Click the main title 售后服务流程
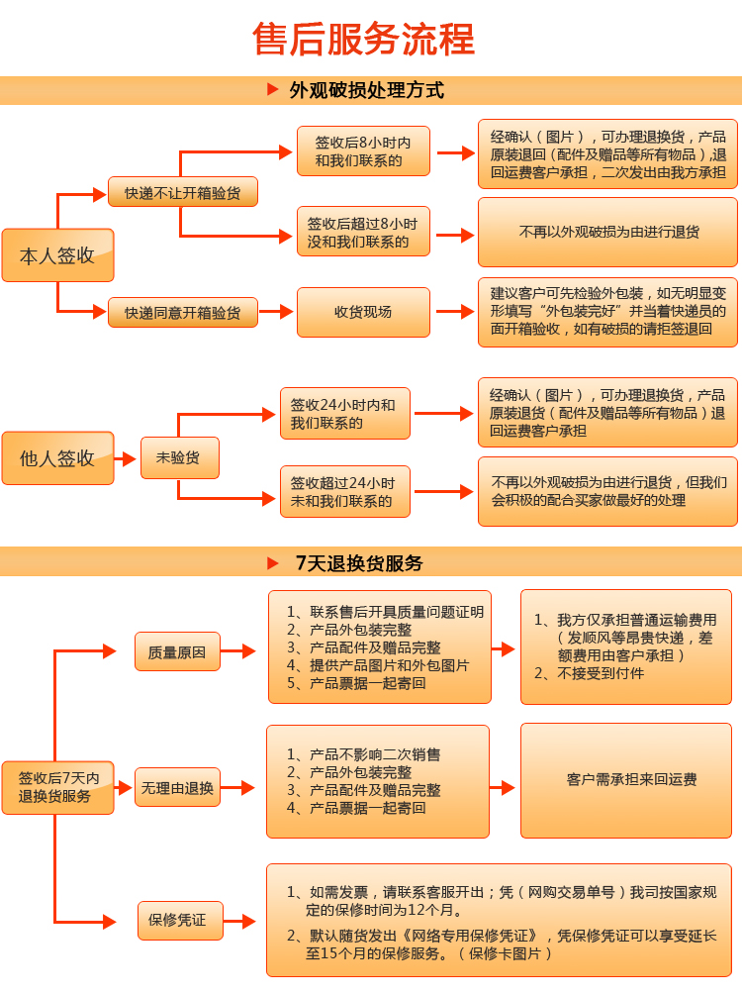pos(364,40)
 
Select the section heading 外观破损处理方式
pos(366,90)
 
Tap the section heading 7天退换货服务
pos(359,563)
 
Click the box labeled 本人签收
pos(57,254)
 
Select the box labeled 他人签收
pos(57,457)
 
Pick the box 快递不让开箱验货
pos(182,192)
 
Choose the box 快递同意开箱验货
pos(182,312)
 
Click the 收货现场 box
pos(363,312)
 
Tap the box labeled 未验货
pos(180,457)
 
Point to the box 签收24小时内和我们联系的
pos(345,413)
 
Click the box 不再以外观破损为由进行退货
pos(607,232)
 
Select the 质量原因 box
pos(177,651)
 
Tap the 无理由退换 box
pos(177,787)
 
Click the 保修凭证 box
pos(180,921)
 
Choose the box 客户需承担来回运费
pos(626,780)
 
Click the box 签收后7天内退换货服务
pos(57,787)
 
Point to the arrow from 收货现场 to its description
pos(455,311)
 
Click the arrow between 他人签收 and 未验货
pos(125,458)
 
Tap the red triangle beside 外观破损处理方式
pos(273,89)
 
